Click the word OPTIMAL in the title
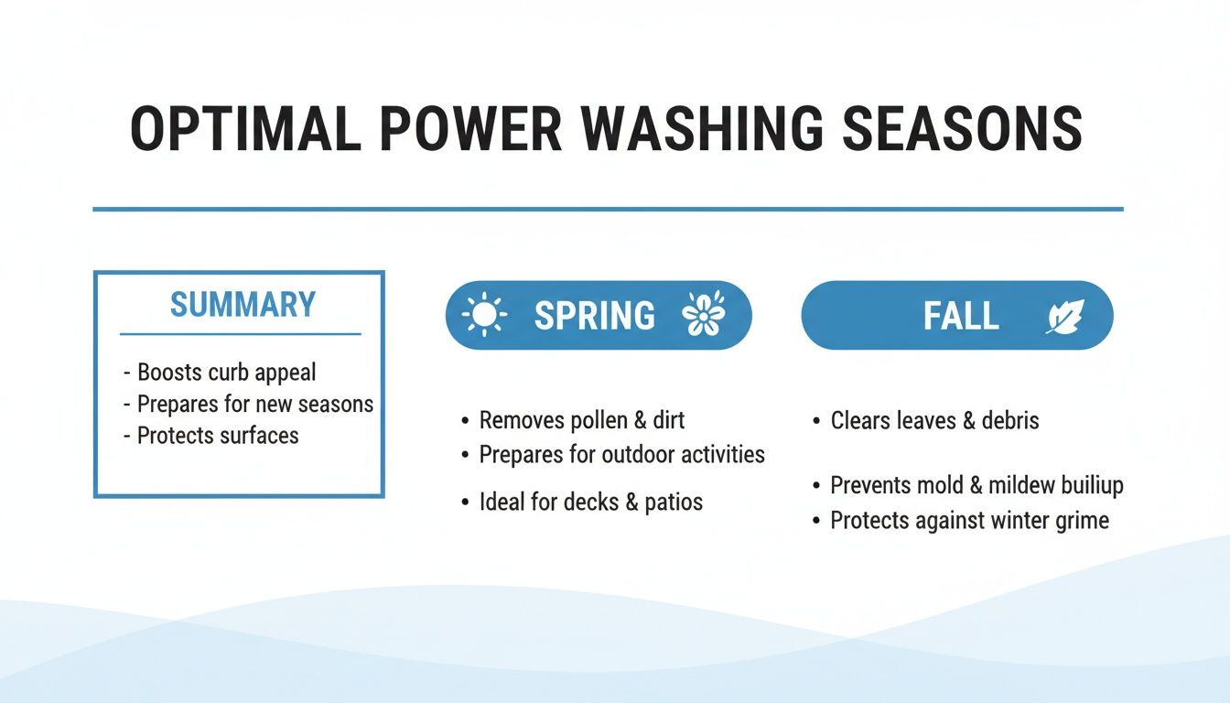(x=245, y=129)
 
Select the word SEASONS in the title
(x=961, y=129)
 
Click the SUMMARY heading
(x=243, y=305)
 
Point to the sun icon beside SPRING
(x=484, y=315)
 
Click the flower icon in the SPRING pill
(x=703, y=315)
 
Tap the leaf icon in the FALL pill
(x=1064, y=317)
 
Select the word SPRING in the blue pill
(x=594, y=316)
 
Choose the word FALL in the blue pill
(x=960, y=316)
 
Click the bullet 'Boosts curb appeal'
(x=226, y=373)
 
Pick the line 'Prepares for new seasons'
(x=254, y=404)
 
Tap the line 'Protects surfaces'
(x=218, y=435)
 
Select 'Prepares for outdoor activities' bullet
(x=621, y=454)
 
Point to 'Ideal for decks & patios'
(x=590, y=502)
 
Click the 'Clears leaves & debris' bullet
(x=934, y=420)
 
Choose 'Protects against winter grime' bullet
(x=969, y=521)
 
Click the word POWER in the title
(x=470, y=129)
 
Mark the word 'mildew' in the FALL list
(x=1019, y=485)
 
